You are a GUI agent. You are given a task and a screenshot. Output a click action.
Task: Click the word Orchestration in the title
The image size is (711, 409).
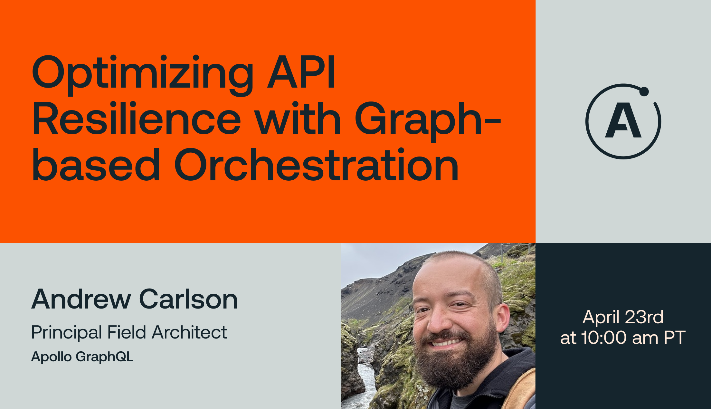coord(317,165)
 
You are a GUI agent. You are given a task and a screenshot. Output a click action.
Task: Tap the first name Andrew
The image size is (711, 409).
coord(81,299)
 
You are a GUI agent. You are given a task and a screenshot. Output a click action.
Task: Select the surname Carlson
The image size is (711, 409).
coord(189,299)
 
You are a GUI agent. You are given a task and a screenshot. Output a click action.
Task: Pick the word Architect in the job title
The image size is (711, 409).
coord(190,332)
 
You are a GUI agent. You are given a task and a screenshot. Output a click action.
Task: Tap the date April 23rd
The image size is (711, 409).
coord(623,318)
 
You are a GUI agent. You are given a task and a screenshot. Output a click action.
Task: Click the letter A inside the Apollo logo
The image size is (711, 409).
coord(623,120)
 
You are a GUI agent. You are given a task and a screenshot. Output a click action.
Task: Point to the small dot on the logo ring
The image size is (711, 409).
coord(644,91)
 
